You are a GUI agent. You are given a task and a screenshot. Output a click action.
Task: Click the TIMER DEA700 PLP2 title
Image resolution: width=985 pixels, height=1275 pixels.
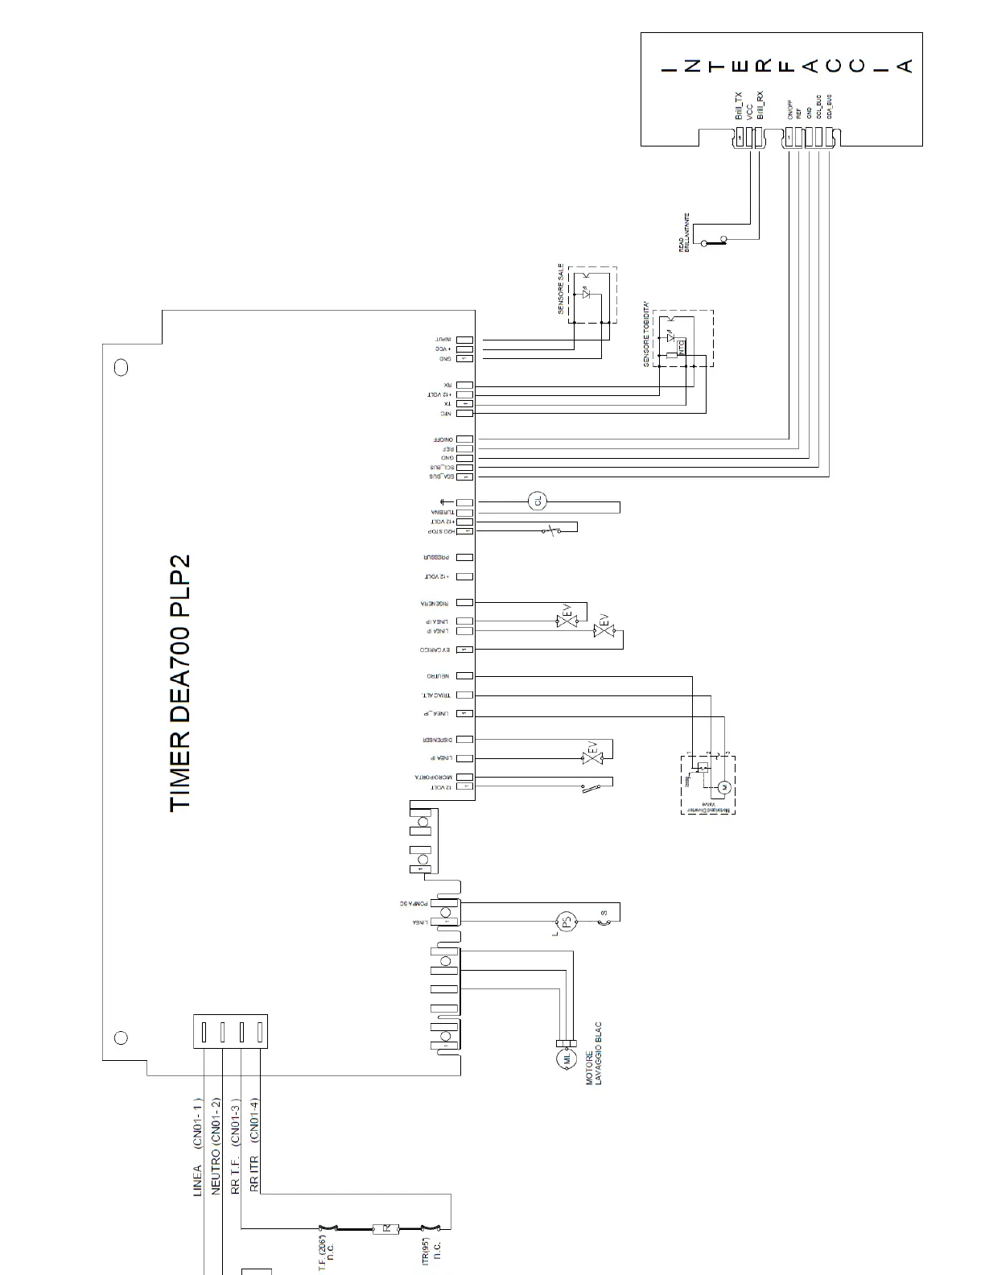[181, 682]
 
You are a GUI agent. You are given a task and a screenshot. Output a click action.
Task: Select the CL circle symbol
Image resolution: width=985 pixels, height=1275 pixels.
[538, 501]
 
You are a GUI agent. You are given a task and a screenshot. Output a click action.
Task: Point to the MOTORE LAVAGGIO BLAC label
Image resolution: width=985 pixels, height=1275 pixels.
[594, 1054]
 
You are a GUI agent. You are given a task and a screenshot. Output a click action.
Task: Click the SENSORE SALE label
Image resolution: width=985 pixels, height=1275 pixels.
[562, 290]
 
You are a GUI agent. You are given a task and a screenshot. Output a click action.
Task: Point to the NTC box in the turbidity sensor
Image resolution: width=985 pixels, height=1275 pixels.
[681, 349]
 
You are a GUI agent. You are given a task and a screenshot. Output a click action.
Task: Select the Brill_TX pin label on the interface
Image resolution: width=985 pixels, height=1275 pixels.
[739, 105]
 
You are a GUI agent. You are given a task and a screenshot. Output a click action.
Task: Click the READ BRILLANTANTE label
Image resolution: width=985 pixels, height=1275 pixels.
[684, 233]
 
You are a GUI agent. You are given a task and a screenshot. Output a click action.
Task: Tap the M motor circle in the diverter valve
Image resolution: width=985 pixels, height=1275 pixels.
[723, 786]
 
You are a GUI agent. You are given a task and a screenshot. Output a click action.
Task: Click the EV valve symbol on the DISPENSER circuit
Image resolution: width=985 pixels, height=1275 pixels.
[593, 757]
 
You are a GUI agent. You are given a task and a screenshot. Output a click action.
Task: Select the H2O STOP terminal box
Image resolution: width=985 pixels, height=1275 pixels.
[464, 531]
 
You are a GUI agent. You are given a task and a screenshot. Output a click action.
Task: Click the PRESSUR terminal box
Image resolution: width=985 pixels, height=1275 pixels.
[464, 557]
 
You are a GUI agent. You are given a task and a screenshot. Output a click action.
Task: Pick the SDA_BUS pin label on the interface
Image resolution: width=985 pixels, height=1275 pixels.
[829, 108]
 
